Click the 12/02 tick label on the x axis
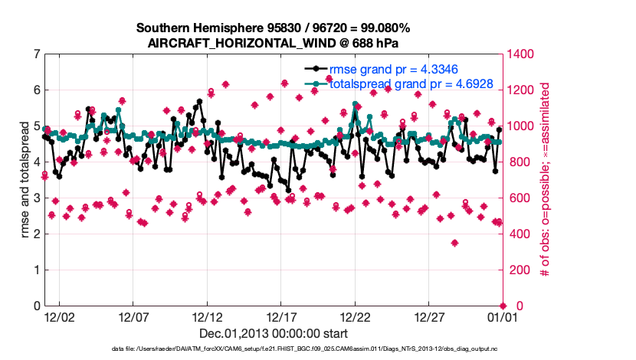60,317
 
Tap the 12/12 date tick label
208,317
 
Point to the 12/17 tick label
281,317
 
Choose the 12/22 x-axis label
355,317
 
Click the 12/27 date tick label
429,317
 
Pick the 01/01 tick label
502,317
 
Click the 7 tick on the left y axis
37,54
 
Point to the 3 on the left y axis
37,198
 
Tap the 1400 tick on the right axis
519,54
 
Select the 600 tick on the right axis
516,198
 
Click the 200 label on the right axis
516,270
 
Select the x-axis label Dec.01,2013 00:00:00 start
274,333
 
